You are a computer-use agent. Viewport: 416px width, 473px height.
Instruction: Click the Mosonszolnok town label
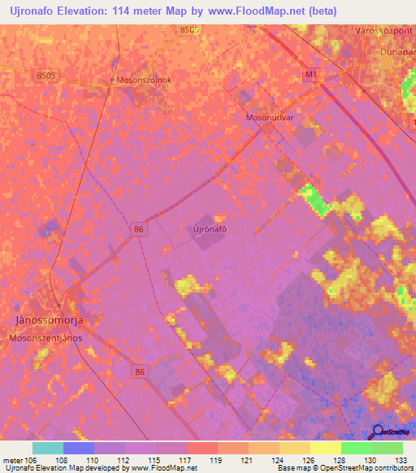point(145,81)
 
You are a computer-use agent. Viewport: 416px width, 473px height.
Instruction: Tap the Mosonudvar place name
point(269,117)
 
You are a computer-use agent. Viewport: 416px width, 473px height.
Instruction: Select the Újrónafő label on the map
point(209,229)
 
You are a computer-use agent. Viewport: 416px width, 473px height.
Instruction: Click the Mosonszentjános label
point(45,337)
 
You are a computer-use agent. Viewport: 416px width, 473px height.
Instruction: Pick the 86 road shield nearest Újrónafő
point(140,230)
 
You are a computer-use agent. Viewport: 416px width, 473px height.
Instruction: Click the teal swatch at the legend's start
point(48,448)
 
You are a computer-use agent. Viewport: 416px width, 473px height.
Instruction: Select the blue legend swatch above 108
point(78,448)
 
